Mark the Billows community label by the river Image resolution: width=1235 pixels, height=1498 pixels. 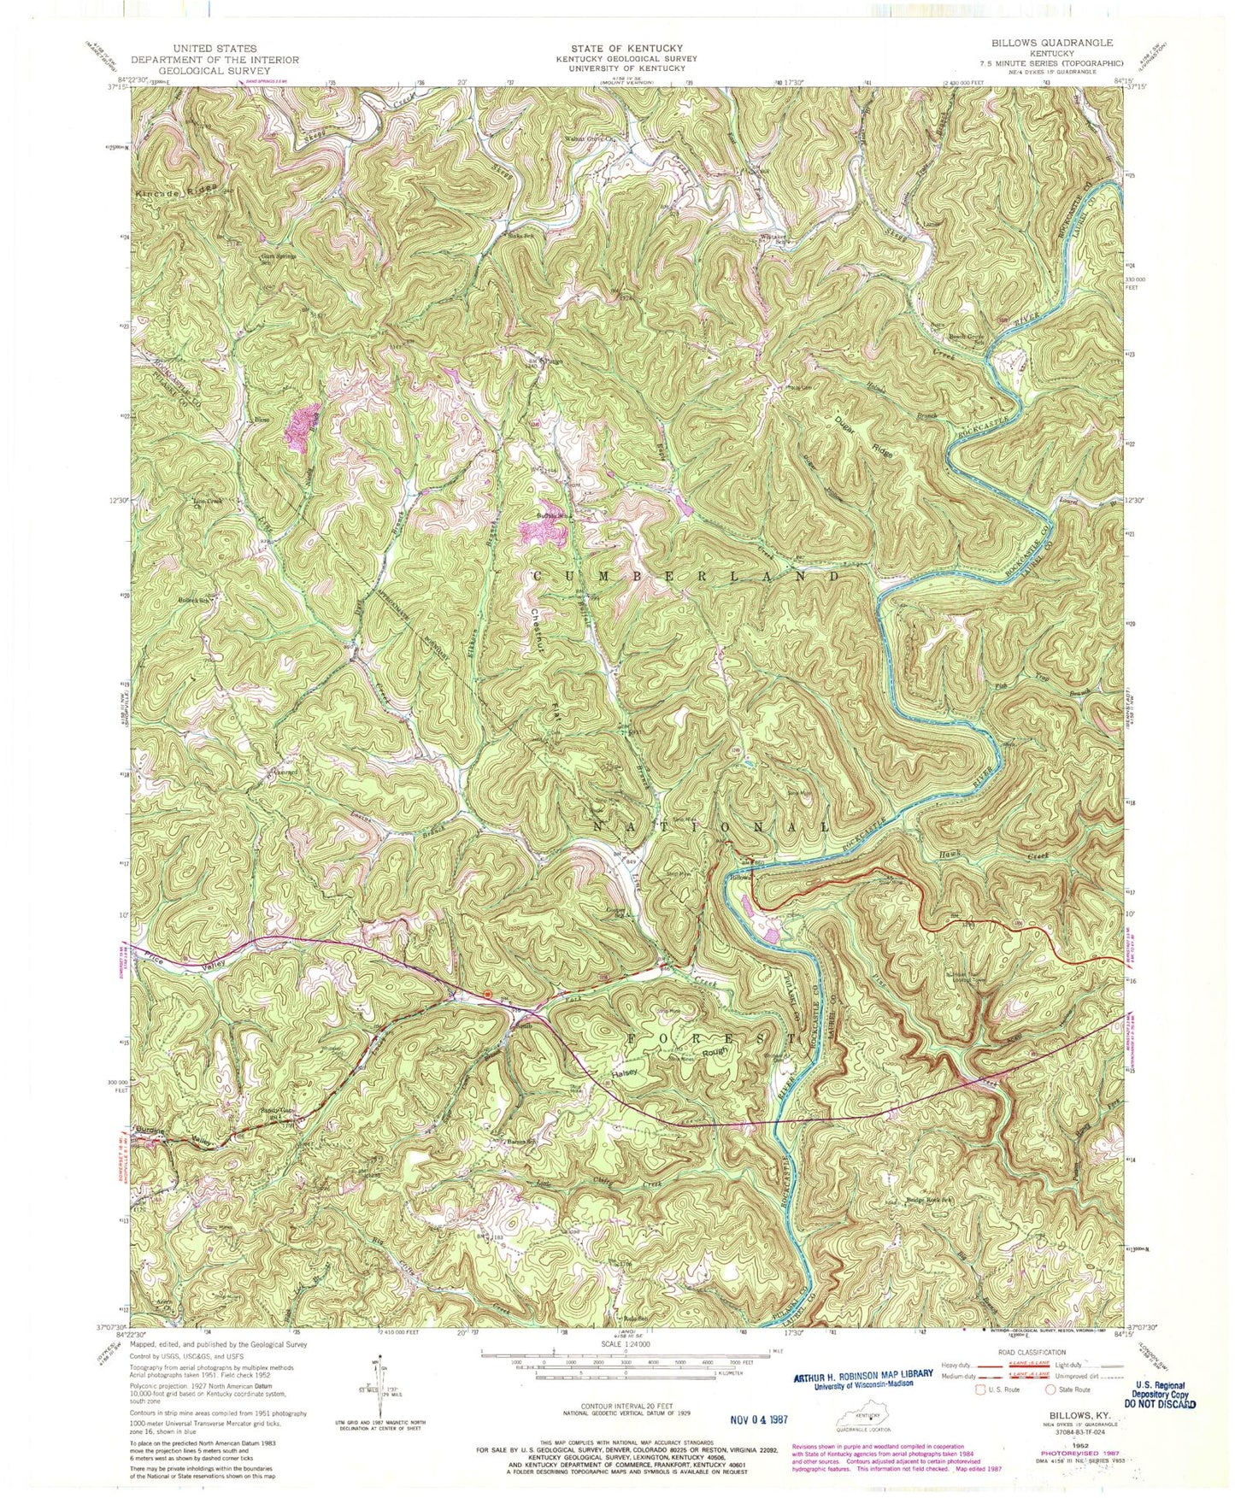(740, 877)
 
